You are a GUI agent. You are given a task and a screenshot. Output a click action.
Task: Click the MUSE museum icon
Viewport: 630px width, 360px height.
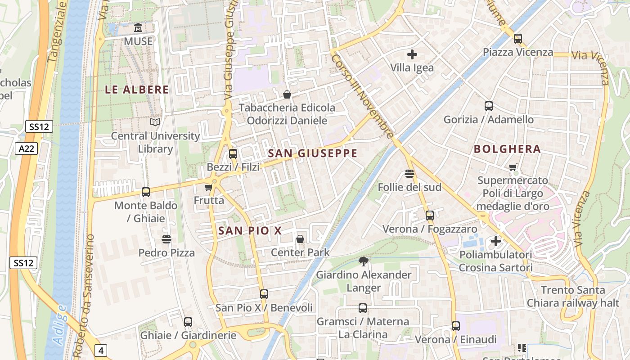pos(138,28)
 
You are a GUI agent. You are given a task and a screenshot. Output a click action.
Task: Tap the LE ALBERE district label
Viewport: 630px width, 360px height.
pos(137,90)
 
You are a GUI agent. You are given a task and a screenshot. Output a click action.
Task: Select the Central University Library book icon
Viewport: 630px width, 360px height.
pos(155,122)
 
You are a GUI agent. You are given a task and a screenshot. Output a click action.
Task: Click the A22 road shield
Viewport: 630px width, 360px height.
pos(27,148)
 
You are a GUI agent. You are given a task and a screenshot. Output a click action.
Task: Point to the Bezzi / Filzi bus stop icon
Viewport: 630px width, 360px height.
pos(233,154)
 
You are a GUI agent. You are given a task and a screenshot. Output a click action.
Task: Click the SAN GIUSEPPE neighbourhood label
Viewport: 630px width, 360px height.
pos(313,153)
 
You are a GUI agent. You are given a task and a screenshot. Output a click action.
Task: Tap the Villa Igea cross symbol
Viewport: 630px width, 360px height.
pos(412,55)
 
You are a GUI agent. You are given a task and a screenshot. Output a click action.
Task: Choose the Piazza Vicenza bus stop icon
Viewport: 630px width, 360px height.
pos(517,39)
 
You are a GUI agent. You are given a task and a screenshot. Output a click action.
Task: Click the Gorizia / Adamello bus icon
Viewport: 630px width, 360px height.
pos(488,106)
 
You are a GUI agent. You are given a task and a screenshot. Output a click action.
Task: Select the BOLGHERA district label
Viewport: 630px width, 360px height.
pos(507,149)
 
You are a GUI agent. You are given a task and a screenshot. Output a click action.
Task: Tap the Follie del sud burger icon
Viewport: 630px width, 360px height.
pos(409,174)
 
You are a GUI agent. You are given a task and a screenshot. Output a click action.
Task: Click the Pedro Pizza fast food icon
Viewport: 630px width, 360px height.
pos(166,239)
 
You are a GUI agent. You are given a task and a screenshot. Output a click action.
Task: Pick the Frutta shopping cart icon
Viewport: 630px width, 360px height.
pos(208,187)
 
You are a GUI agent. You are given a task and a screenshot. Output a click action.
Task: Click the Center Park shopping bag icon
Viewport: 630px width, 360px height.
pos(300,239)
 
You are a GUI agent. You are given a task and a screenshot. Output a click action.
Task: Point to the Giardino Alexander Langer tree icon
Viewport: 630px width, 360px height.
pos(363,261)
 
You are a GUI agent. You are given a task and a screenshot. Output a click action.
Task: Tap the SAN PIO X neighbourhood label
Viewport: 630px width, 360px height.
pos(250,231)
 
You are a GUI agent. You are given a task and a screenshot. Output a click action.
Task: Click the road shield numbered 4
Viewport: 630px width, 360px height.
pos(101,350)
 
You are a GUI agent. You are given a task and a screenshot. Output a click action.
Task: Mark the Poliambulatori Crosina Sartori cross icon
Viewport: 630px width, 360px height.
pos(495,241)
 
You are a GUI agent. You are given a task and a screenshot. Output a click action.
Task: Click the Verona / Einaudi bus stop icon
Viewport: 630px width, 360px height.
pos(456,326)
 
